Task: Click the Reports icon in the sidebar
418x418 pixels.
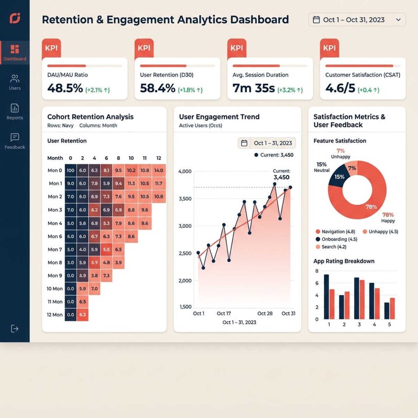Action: point(15,108)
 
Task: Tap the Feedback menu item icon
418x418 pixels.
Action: point(15,137)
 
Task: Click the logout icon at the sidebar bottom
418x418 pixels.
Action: point(15,328)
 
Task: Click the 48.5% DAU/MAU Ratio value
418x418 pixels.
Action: point(65,88)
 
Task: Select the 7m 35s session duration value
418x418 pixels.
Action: point(254,88)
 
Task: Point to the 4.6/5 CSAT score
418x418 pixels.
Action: point(340,88)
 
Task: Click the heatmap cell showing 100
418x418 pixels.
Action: point(70,170)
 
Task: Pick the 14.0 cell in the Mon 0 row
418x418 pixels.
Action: point(158,170)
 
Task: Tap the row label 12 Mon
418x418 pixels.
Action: point(55,315)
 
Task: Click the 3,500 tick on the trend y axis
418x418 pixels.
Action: point(185,199)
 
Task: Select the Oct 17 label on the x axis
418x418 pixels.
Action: point(224,313)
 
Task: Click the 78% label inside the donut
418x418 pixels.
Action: point(371,207)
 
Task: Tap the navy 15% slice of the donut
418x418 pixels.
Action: point(339,177)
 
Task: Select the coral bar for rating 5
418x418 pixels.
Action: point(392,308)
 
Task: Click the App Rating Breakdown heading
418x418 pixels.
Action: point(344,261)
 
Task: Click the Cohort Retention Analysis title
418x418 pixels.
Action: point(90,117)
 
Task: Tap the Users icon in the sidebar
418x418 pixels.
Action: point(15,78)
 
